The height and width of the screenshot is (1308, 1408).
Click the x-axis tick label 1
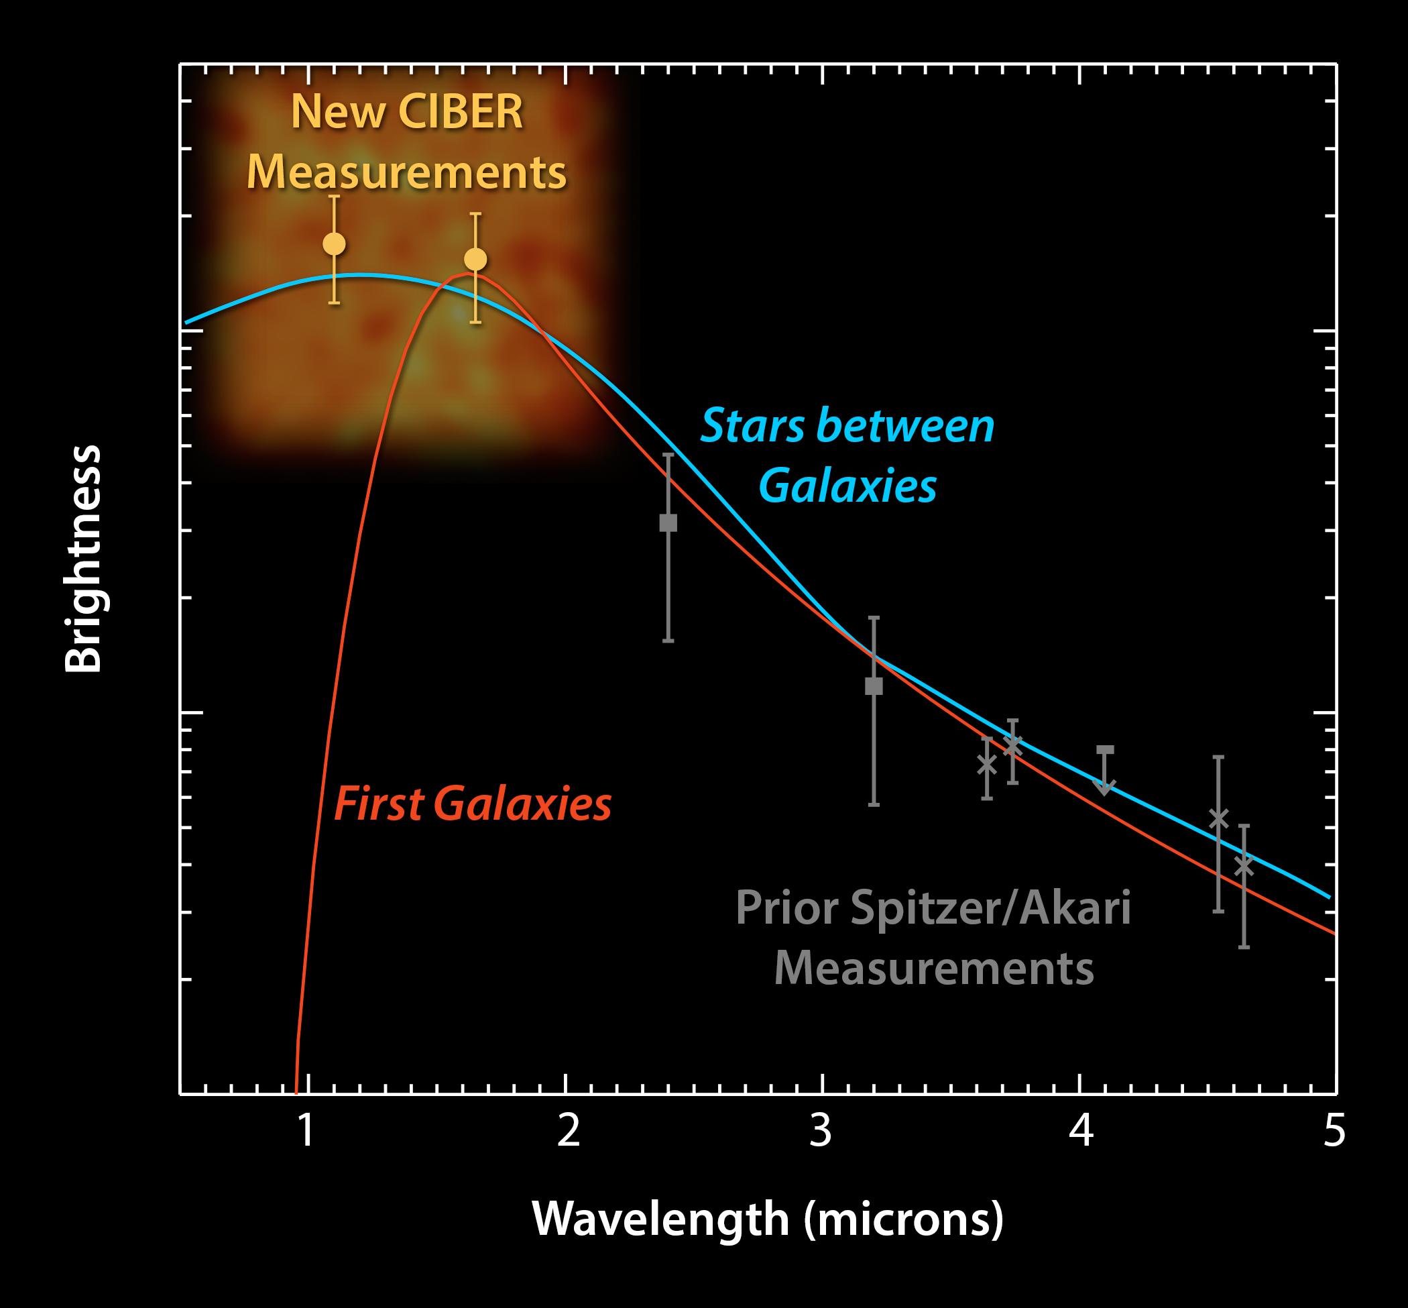point(306,1132)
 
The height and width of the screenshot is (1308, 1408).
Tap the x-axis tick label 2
point(568,1132)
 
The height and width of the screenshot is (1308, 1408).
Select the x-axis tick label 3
point(821,1132)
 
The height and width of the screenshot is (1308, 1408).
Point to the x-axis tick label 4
point(1081,1132)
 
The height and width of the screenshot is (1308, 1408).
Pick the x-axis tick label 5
point(1333,1132)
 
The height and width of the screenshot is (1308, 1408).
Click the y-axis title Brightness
point(84,559)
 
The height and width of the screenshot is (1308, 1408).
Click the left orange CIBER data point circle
point(334,244)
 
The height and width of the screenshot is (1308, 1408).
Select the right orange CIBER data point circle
point(475,260)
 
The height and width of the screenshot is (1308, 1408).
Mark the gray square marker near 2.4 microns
point(668,523)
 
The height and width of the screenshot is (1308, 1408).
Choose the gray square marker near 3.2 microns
point(874,686)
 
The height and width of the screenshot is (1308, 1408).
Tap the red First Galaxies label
point(473,805)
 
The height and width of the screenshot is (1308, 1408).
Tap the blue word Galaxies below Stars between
point(847,486)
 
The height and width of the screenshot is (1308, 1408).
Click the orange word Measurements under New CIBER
point(407,172)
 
